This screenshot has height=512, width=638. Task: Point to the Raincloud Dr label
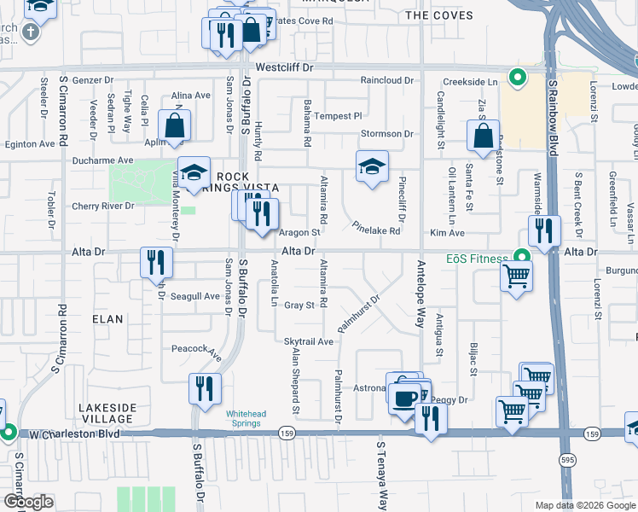tap(386, 80)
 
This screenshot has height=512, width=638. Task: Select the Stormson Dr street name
tap(386, 134)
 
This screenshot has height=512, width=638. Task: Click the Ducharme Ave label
tap(102, 160)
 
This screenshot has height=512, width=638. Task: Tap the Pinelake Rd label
tap(376, 230)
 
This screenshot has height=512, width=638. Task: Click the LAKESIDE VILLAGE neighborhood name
tap(106, 413)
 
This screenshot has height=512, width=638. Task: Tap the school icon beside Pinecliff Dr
tap(372, 166)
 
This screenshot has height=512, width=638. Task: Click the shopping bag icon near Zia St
tap(483, 136)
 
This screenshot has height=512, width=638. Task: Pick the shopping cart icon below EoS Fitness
tap(516, 276)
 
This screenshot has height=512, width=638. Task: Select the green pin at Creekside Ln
tap(516, 79)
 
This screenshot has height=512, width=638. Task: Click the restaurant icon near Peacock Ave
tap(205, 388)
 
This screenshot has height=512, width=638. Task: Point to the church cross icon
tap(30, 32)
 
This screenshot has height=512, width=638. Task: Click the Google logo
tap(28, 501)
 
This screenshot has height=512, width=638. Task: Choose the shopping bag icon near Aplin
tap(174, 127)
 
